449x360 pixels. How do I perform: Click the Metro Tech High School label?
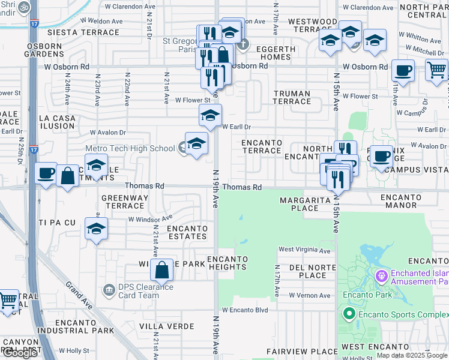pyautogui.click(x=130, y=148)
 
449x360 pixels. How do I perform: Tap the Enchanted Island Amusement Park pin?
pyautogui.click(x=380, y=277)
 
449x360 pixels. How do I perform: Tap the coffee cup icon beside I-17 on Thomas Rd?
pyautogui.click(x=46, y=174)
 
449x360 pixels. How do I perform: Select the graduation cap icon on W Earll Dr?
pyautogui.click(x=210, y=115)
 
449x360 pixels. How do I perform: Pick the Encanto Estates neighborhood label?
pyautogui.click(x=187, y=232)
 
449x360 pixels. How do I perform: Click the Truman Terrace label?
pyautogui.click(x=292, y=97)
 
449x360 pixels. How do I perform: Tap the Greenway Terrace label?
pyautogui.click(x=124, y=202)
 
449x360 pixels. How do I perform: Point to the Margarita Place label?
pyautogui.click(x=304, y=204)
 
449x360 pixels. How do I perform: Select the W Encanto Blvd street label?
pyautogui.click(x=245, y=310)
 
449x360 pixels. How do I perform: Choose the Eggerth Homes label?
pyautogui.click(x=276, y=53)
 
